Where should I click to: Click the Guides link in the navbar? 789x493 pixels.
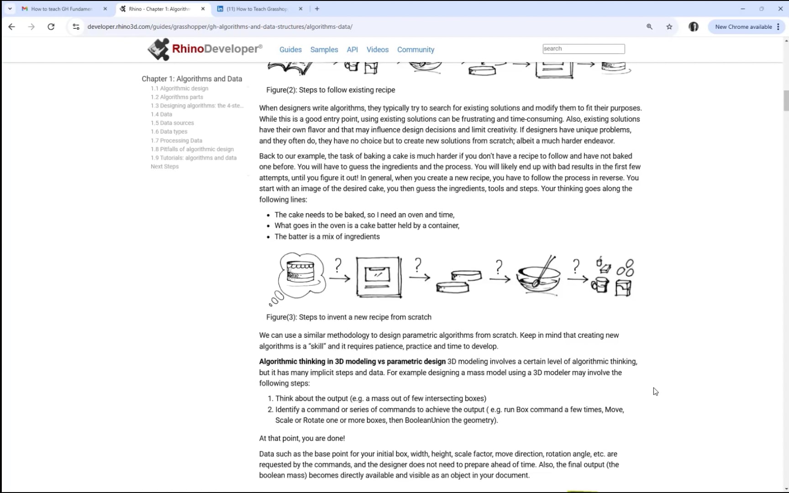coord(290,49)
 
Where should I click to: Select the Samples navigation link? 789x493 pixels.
coord(324,49)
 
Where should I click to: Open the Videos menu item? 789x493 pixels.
coord(377,49)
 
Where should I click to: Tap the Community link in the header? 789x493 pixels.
coord(416,49)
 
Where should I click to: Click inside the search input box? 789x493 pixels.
coord(583,49)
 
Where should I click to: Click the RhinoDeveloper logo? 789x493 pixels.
coord(205,49)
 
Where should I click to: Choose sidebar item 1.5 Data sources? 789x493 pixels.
coord(172,123)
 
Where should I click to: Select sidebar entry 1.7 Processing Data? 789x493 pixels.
coord(176,141)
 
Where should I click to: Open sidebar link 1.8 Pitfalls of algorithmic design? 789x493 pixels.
coord(192,149)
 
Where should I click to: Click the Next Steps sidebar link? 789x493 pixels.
coord(164,167)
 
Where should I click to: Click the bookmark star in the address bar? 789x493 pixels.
coord(669,27)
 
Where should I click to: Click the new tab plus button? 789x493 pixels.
coord(317,9)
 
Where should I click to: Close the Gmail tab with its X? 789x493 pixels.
coord(105,9)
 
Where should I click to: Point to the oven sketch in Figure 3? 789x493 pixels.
coord(379,277)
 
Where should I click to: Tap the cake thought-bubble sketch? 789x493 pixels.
coord(300,274)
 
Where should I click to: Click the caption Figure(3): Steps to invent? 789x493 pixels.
coord(348,317)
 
